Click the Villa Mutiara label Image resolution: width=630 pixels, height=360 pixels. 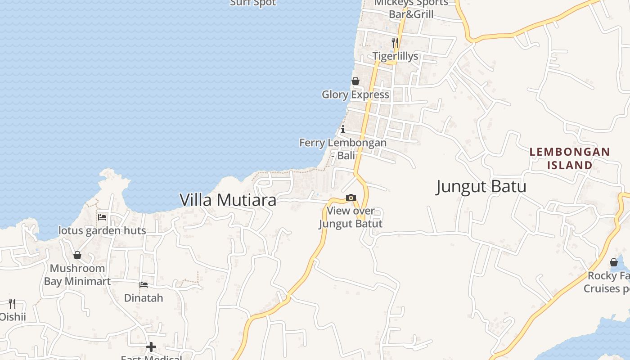[x=228, y=200]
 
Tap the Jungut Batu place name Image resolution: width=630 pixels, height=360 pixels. [x=481, y=186]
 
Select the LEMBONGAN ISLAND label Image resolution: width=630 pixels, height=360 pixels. [x=570, y=158]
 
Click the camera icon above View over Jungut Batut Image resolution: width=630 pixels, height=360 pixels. [x=351, y=198]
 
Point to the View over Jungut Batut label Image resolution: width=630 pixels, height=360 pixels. [x=351, y=217]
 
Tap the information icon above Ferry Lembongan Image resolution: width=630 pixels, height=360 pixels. [x=343, y=130]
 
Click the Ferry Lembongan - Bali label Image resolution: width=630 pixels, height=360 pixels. [x=343, y=149]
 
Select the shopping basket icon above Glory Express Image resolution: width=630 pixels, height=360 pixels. [x=355, y=81]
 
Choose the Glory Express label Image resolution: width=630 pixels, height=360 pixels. [x=355, y=94]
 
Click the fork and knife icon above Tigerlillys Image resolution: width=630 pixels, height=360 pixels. [x=395, y=43]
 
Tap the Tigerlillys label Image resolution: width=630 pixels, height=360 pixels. [x=395, y=56]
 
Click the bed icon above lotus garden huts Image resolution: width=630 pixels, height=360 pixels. [x=102, y=217]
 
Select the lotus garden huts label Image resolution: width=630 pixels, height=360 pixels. [x=102, y=231]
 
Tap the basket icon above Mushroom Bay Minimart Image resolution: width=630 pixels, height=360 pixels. [x=77, y=255]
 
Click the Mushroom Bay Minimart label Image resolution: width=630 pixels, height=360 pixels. [x=77, y=275]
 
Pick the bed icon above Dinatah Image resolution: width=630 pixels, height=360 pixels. [x=144, y=284]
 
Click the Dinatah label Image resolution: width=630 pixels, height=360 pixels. [x=144, y=298]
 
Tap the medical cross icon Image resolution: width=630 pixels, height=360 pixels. [x=151, y=347]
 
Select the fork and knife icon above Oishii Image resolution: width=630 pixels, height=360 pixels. [x=12, y=304]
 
